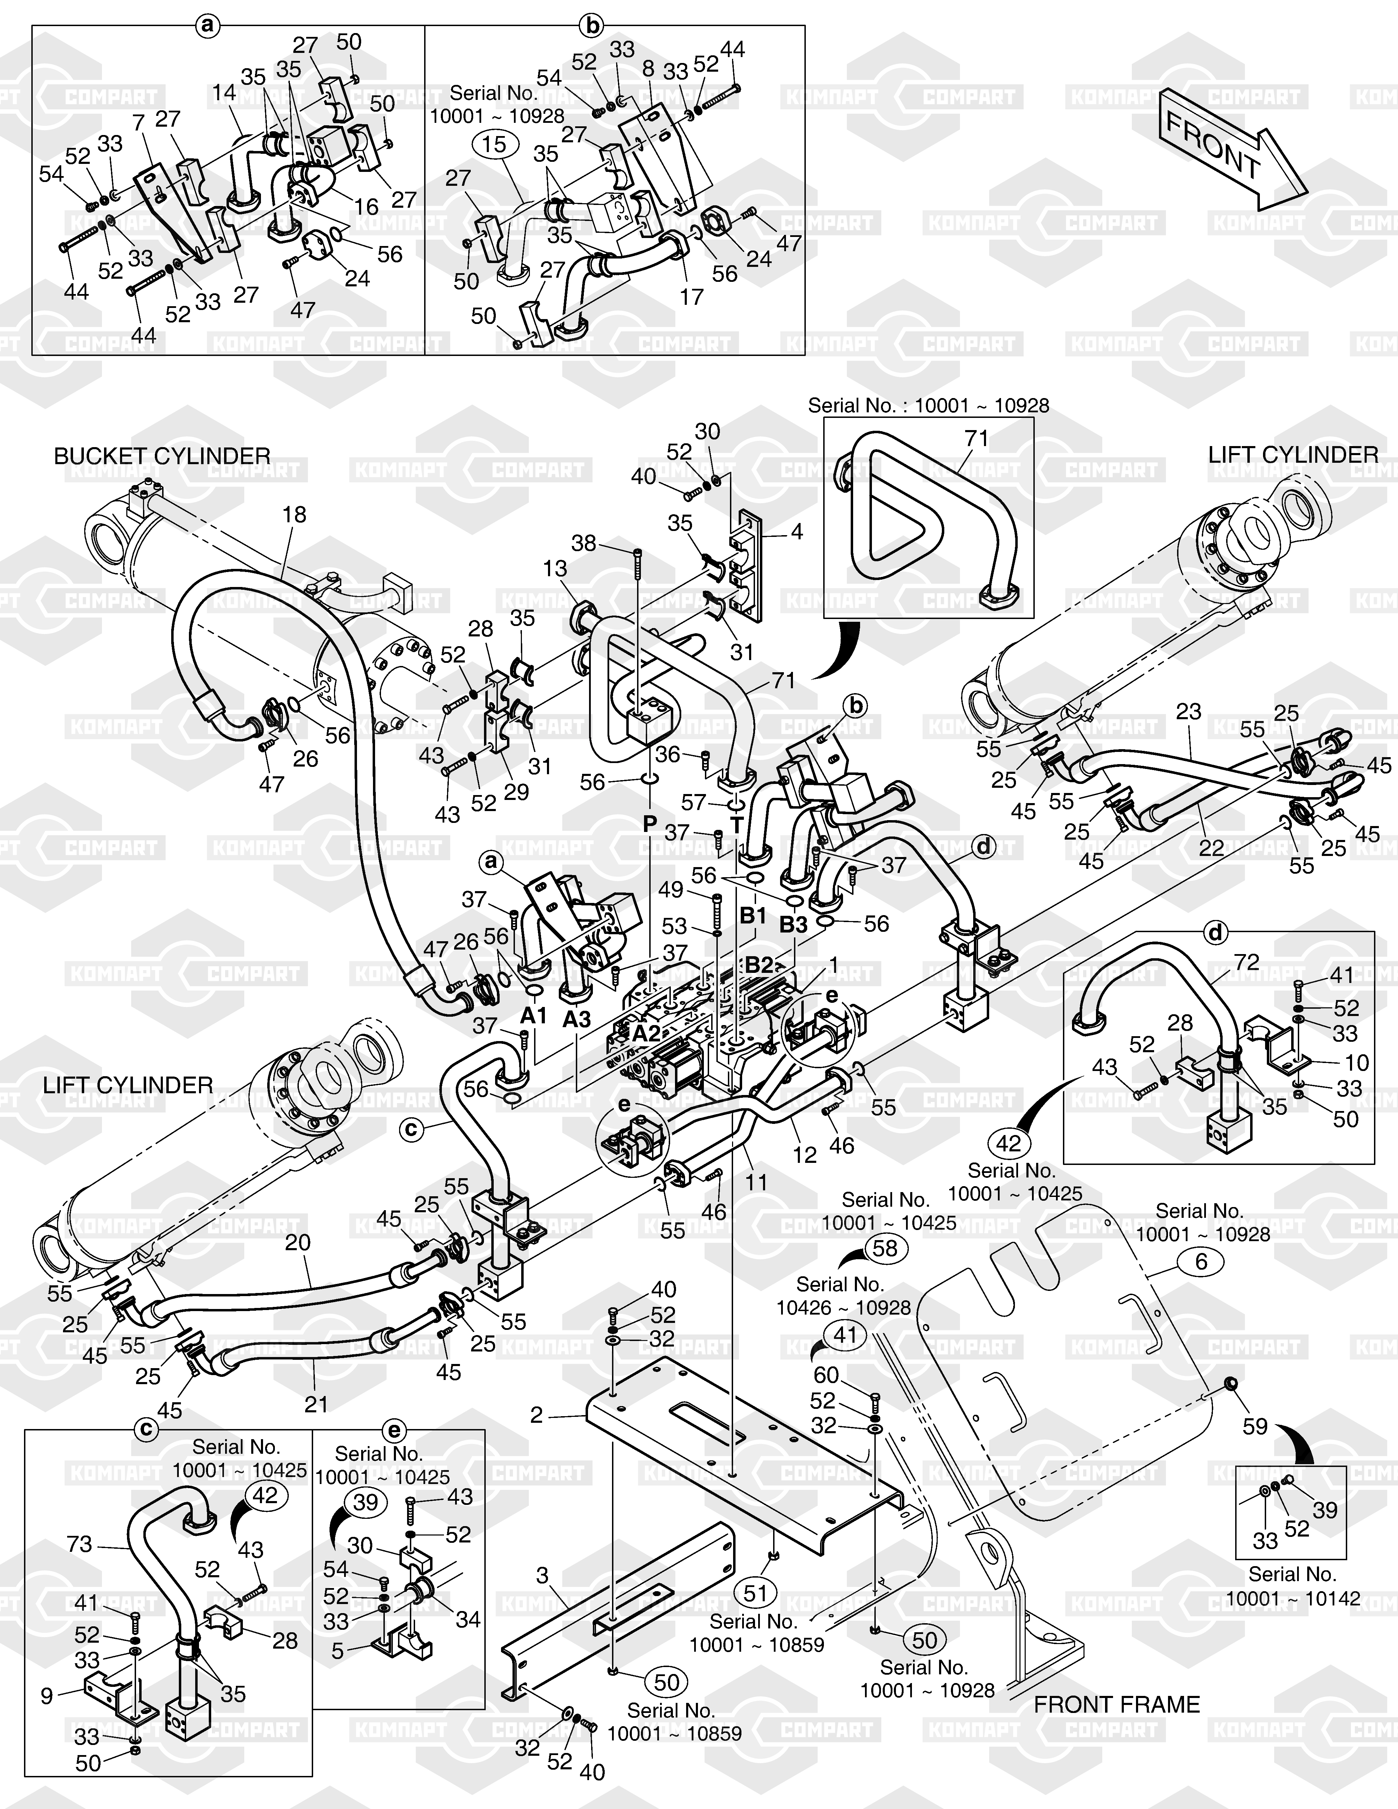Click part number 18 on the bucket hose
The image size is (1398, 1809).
(294, 514)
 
